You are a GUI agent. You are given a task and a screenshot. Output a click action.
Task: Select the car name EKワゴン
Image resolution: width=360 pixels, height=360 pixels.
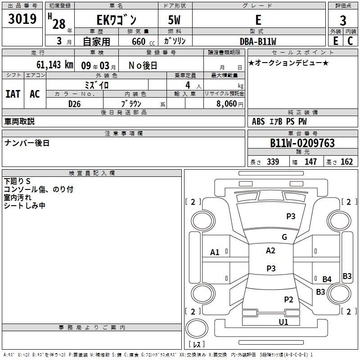coord(116,21)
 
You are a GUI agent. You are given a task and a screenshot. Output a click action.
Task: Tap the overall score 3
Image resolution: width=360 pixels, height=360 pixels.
coord(343,21)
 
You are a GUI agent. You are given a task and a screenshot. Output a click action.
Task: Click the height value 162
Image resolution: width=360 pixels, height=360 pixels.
coord(346,162)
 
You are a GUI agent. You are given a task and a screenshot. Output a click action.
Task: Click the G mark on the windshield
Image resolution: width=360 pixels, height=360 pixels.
coord(284,237)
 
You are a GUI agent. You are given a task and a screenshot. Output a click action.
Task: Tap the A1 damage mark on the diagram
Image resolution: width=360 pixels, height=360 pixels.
coord(215,252)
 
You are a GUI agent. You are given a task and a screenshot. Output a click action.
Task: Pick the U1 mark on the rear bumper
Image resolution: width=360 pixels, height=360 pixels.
coord(283,322)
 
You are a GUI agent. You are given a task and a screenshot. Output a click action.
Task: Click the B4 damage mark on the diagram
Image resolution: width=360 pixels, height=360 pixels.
coord(327,279)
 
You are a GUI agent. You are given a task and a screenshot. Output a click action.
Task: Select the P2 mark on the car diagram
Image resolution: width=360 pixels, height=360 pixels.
coord(288,300)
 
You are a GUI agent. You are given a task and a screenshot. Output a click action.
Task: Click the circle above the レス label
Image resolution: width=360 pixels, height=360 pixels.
coord(197,329)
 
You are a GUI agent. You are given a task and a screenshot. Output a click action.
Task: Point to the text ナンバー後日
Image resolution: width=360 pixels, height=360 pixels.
coord(27,143)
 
